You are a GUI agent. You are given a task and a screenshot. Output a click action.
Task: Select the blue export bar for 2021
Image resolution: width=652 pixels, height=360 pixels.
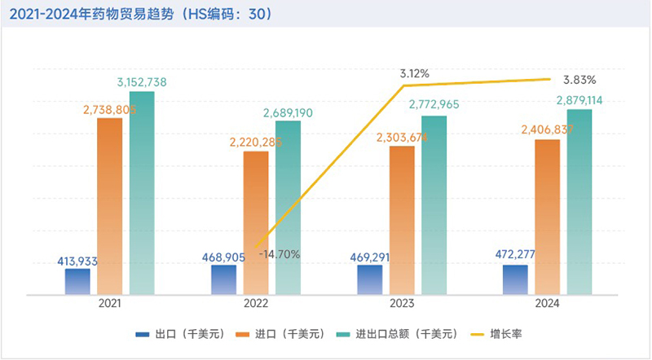[x=78, y=281]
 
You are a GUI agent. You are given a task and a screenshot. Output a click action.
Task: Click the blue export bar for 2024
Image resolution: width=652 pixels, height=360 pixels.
[x=515, y=279]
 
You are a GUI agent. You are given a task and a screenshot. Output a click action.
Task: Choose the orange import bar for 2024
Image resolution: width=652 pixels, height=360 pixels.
[x=548, y=217]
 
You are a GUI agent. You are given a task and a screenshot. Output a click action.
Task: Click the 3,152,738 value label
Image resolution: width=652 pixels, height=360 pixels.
[x=142, y=82]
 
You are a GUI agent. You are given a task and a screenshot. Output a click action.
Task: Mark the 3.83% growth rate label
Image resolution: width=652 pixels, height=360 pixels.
[x=579, y=80]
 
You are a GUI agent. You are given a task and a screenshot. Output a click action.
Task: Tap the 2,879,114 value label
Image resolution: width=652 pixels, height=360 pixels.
[x=579, y=100]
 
